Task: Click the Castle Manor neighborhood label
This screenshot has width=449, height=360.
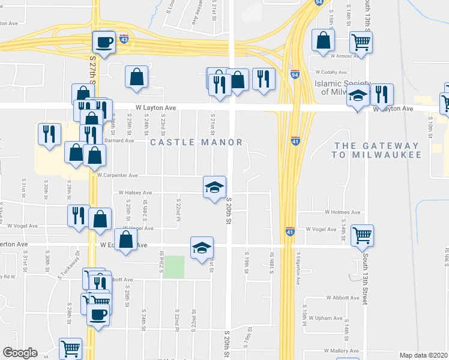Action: coord(196,142)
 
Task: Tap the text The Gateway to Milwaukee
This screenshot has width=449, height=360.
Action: coord(376,150)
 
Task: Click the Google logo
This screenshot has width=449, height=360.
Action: coord(20,353)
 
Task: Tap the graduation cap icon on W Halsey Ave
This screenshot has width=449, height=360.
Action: coord(214,187)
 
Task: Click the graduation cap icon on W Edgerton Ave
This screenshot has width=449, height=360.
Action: coord(202,247)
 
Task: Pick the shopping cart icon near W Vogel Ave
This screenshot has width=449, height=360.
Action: coord(363,236)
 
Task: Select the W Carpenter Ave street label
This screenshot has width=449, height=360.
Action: coord(118,176)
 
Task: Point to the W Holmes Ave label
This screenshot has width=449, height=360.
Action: coord(342,212)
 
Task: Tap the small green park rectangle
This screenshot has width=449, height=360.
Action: coord(173,266)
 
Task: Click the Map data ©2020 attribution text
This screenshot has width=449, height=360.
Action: coord(424,355)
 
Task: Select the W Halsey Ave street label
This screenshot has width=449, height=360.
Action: coord(135,193)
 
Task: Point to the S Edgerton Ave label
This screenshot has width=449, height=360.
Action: coord(298,262)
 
